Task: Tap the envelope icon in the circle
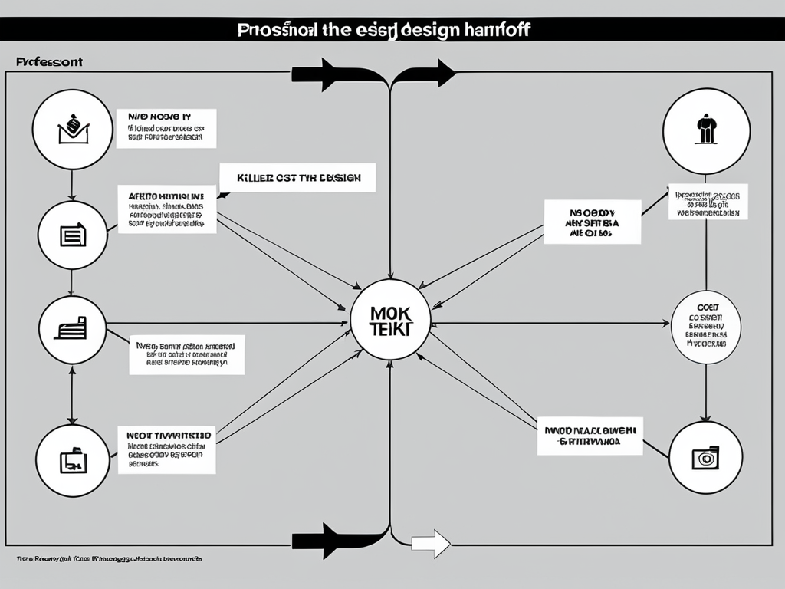click(73, 130)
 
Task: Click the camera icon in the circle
click(705, 457)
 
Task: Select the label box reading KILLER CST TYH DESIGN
click(297, 177)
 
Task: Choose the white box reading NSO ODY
click(592, 222)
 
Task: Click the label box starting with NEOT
click(166, 449)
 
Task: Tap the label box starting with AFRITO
click(166, 209)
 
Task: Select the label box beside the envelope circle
click(166, 128)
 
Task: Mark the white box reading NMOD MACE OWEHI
click(590, 436)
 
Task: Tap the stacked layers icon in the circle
click(73, 330)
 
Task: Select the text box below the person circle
click(708, 202)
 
